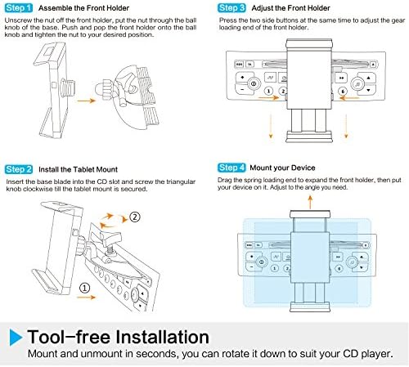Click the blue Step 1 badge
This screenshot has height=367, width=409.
point(19,8)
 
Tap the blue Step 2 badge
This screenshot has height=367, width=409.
point(19,169)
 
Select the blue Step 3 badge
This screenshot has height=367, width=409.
point(231,8)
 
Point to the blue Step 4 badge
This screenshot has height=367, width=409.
point(231,168)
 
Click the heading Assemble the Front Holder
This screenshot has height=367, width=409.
point(83,8)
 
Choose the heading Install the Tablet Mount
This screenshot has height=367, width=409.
point(78,169)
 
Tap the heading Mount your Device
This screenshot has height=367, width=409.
point(282,168)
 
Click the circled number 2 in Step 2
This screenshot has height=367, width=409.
point(134,217)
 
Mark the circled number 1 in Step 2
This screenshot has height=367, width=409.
point(84,288)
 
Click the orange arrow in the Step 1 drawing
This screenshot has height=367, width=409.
point(86,101)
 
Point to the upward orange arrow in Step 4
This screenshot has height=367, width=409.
point(310,202)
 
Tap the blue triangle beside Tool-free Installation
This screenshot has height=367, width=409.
point(16,338)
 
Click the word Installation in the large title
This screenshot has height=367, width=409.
point(163,337)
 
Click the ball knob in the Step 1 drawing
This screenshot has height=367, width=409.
point(101,87)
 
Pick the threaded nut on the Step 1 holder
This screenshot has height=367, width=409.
point(68,87)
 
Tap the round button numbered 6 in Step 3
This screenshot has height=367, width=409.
point(343,92)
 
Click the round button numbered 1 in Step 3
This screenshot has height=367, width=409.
point(268,91)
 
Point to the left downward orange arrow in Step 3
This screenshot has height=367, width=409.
point(271,127)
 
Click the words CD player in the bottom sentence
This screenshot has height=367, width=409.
point(368,354)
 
